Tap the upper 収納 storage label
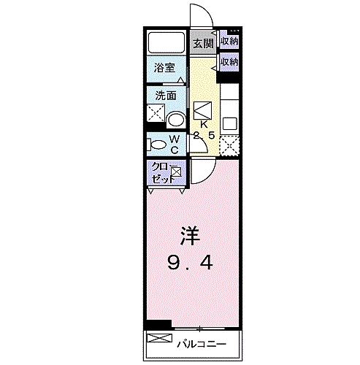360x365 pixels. coord(229,42)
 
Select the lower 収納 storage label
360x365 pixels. coord(229,62)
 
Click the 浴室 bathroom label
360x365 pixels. coord(164,68)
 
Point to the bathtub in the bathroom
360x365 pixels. coord(166,42)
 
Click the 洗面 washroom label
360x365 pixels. coord(164,95)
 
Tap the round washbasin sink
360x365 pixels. coord(175,119)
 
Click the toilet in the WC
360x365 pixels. coord(156,144)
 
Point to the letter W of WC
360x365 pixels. coord(175,139)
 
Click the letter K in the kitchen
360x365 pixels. coord(204,124)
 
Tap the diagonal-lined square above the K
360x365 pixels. coord(204,109)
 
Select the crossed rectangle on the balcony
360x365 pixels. coord(158,339)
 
